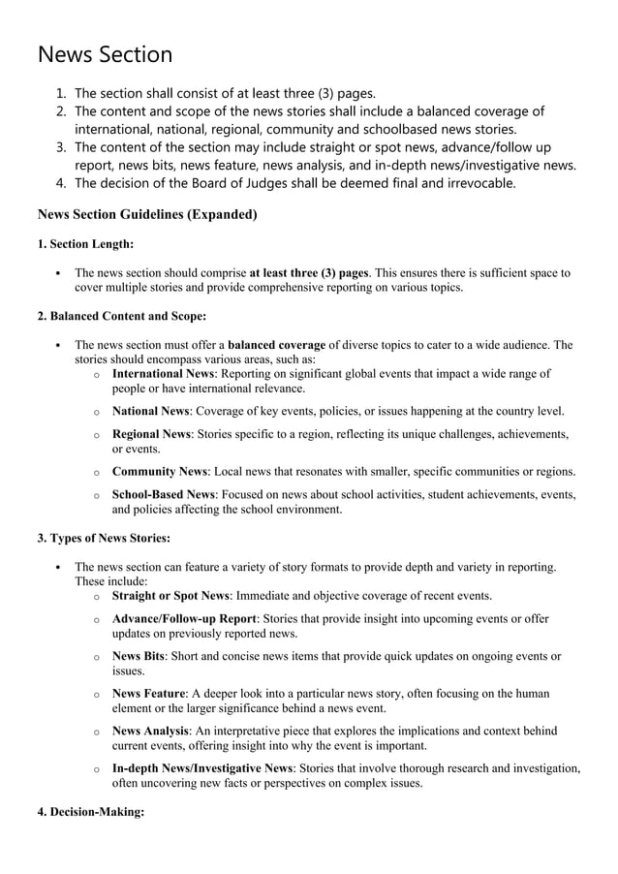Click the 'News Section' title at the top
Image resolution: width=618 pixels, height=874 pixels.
pos(105,54)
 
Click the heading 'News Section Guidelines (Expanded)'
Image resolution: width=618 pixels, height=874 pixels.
pos(146,214)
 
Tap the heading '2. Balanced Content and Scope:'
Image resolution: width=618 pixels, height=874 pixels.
pos(121,315)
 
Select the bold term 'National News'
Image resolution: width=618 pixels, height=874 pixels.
pos(151,411)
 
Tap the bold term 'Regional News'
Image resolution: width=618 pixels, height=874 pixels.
pos(151,434)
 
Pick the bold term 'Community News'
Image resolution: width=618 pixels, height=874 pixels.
pos(160,472)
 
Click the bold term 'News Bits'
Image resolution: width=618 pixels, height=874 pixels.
pos(138,656)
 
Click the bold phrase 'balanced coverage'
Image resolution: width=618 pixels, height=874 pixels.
pos(276,344)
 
